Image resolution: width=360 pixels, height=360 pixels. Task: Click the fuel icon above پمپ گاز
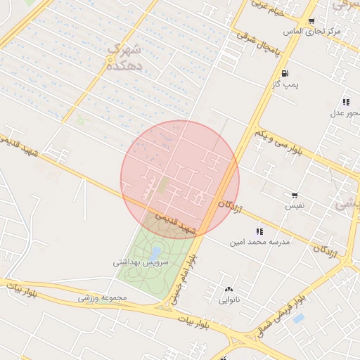coord(284,74)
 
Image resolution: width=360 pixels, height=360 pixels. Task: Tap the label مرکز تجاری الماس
coord(312,32)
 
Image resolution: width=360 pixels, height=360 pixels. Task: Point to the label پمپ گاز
coord(285,85)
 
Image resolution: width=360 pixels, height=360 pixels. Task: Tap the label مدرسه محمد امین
coord(259,242)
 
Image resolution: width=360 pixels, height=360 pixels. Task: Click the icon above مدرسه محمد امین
coord(259,231)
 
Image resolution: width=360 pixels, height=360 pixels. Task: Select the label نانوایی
coord(229,300)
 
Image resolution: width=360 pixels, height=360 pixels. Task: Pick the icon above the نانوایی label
coord(229,289)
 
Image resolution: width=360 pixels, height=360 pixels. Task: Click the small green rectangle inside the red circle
coord(163,185)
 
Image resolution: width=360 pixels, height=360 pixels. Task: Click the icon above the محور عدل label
coord(346,102)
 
